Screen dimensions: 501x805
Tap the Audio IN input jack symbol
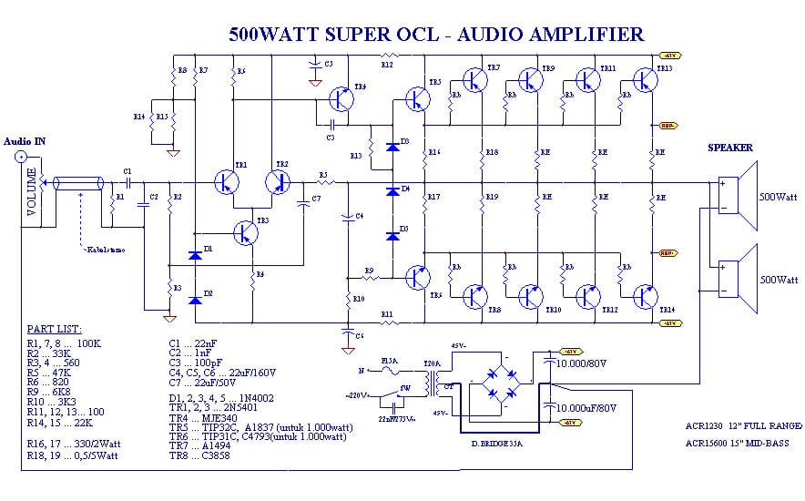click(20, 158)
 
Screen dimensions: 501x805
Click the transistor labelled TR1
click(226, 181)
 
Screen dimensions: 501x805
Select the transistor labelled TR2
click(278, 181)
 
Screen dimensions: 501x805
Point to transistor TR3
click(244, 231)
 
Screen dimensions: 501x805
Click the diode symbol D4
click(392, 190)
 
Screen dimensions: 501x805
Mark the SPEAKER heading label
click(730, 148)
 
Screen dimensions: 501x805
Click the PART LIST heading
click(55, 328)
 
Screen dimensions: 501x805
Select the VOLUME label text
click(32, 192)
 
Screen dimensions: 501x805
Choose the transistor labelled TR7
click(475, 81)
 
